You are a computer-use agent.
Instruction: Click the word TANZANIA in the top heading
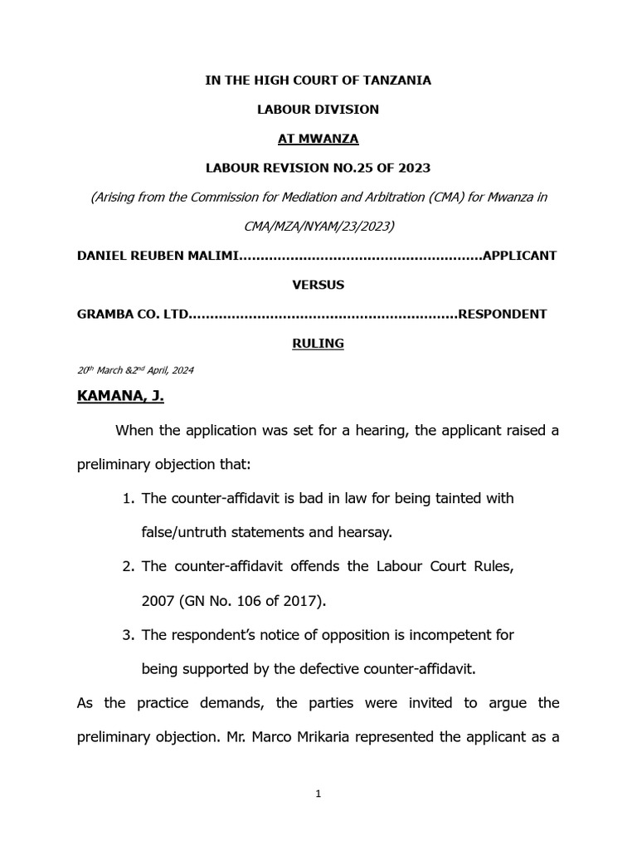tap(395, 81)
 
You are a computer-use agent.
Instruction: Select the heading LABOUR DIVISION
tap(318, 110)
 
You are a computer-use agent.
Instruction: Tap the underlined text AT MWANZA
tap(318, 139)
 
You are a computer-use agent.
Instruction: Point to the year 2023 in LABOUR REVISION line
tap(414, 168)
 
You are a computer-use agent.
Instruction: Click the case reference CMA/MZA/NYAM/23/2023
tap(318, 226)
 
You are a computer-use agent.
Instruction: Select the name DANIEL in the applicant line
tap(102, 256)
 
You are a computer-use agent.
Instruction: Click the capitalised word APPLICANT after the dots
tap(520, 256)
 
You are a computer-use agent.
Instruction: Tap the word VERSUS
tap(318, 285)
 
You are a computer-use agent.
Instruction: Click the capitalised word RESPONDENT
tap(503, 314)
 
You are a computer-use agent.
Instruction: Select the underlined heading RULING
tap(318, 343)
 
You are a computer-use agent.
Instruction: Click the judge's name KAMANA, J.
tap(120, 397)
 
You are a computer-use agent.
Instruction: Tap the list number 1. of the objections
tap(128, 498)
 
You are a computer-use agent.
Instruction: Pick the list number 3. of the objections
tap(128, 635)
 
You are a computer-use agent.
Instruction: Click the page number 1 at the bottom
tap(318, 794)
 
